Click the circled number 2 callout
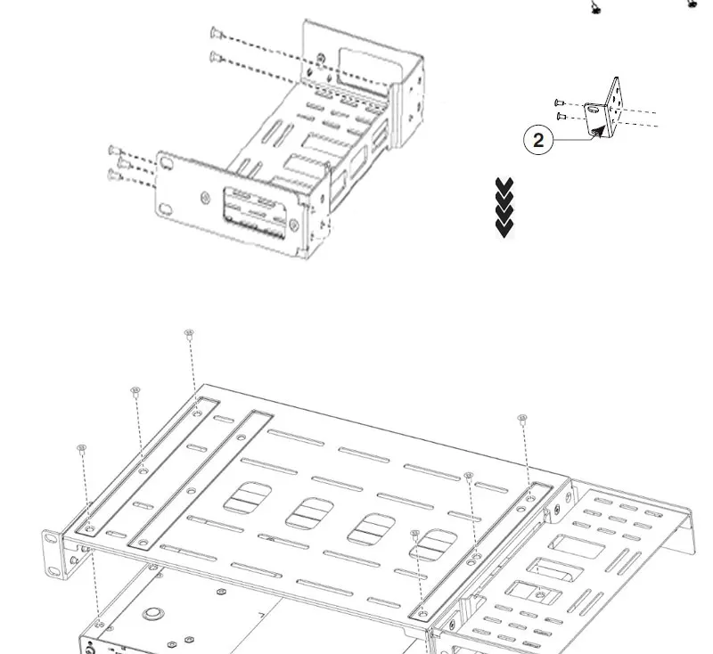tap(538, 141)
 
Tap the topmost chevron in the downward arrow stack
tap(504, 185)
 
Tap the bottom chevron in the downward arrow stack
tap(504, 229)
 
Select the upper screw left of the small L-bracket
tap(559, 102)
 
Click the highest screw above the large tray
tap(189, 334)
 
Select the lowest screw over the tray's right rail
tap(415, 534)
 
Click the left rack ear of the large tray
tap(53, 548)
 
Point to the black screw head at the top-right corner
tap(693, 4)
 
